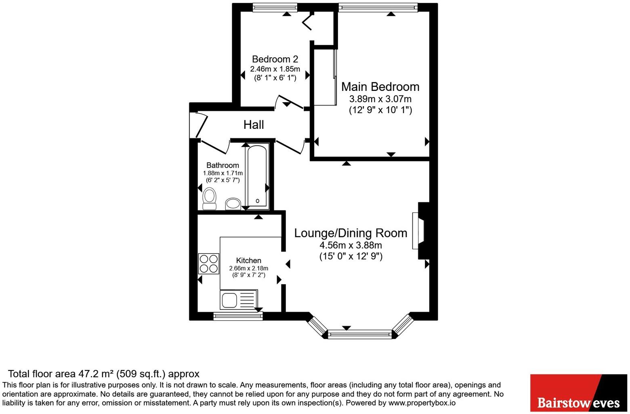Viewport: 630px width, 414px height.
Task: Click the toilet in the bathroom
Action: [209, 199]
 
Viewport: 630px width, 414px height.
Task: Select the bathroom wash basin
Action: [233, 204]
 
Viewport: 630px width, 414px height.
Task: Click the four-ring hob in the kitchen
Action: [209, 263]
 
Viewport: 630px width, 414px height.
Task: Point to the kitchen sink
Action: [239, 300]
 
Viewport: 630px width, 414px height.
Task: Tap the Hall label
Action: [254, 124]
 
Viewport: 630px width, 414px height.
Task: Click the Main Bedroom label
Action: [380, 86]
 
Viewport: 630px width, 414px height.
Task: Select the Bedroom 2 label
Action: [275, 59]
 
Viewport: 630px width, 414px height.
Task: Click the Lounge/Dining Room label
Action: [351, 233]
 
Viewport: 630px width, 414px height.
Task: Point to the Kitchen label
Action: [249, 261]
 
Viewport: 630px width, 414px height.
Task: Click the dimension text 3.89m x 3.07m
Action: [380, 99]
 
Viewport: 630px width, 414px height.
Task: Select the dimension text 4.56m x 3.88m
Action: [351, 245]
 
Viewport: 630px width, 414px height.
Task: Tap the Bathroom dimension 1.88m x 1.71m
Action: [223, 173]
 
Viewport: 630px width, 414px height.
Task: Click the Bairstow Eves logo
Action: [579, 393]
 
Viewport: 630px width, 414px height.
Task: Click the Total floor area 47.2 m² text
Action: [103, 374]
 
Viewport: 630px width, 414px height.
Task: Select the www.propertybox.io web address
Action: [422, 403]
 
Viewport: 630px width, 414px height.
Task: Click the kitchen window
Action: [238, 316]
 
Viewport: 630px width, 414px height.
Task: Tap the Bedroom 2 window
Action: [275, 7]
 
